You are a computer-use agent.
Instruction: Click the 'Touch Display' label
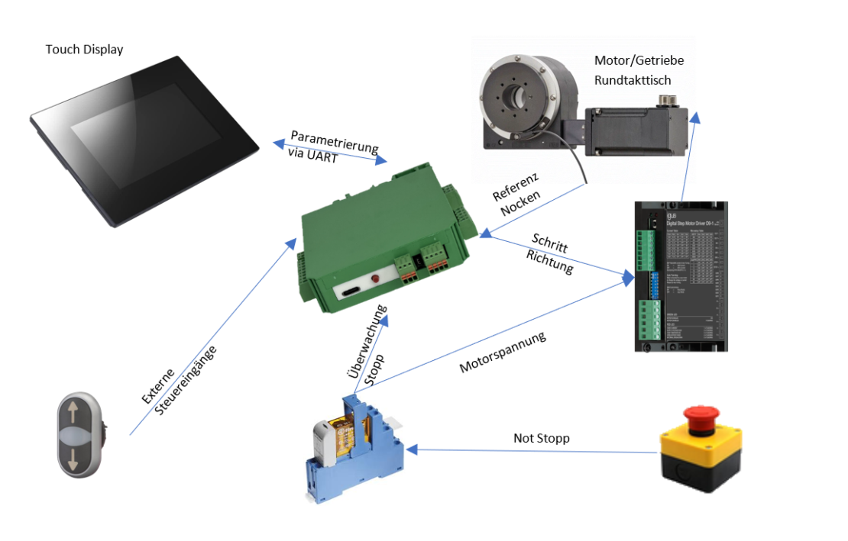(x=84, y=50)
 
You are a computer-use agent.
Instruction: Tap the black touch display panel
(x=145, y=137)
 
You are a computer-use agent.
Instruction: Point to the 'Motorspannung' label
(x=503, y=352)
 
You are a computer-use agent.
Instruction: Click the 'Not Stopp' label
(x=541, y=439)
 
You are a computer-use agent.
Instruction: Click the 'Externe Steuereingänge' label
(x=178, y=381)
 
